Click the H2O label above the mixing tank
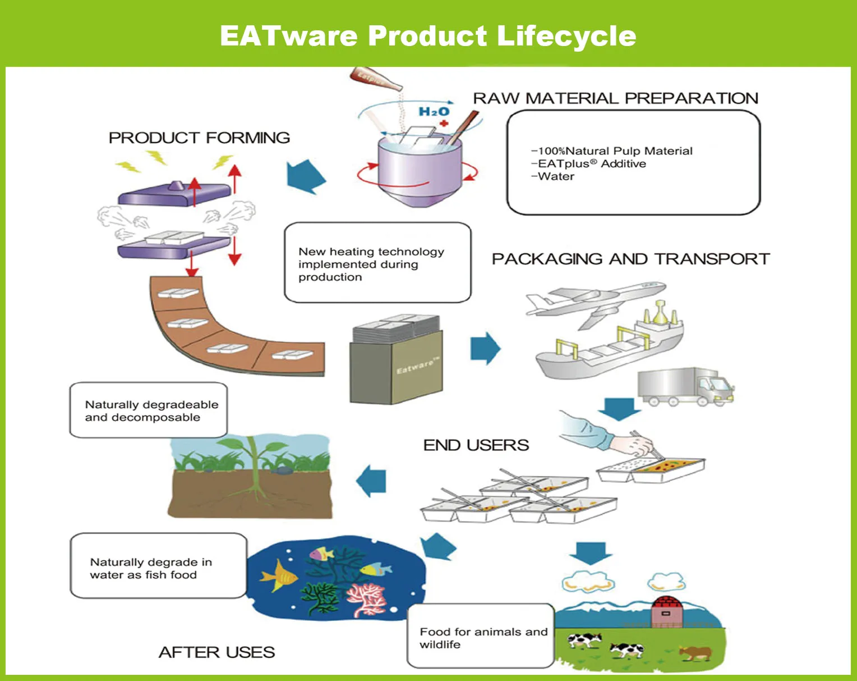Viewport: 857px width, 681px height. click(434, 111)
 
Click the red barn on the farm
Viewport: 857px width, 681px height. click(666, 611)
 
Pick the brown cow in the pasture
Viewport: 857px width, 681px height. click(695, 653)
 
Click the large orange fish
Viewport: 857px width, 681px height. click(278, 575)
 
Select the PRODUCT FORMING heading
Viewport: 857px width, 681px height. click(199, 138)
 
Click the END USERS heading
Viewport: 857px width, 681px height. click(476, 445)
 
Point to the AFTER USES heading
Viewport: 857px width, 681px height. click(216, 652)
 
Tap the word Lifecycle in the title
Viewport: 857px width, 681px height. click(566, 36)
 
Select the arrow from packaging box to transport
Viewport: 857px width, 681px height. click(485, 349)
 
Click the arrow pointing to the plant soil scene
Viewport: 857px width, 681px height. click(372, 481)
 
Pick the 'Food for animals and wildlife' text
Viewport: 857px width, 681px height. click(483, 638)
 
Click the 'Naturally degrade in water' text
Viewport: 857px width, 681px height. click(150, 568)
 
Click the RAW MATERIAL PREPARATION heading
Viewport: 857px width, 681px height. click(615, 98)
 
